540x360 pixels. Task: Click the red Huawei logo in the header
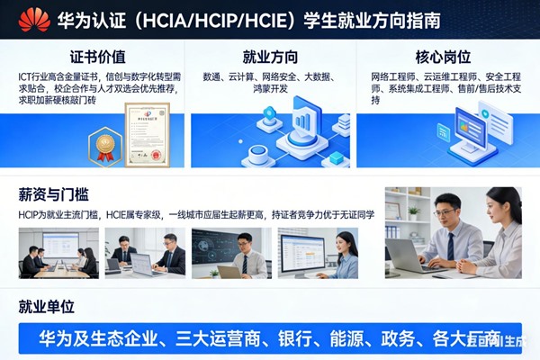(x=35, y=19)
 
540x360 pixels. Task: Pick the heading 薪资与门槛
(x=53, y=193)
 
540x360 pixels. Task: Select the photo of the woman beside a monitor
(x=319, y=253)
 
